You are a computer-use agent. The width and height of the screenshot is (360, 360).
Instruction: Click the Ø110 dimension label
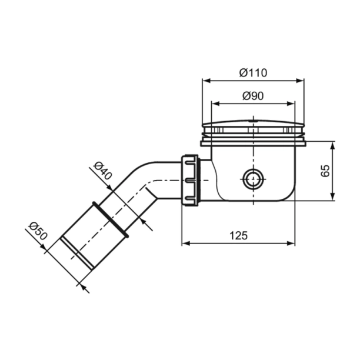[x=254, y=73]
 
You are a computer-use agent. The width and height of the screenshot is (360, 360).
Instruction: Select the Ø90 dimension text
[x=254, y=96]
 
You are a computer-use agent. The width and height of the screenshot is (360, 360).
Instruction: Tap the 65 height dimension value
[x=325, y=171]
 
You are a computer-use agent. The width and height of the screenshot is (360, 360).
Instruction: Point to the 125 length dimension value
[x=238, y=235]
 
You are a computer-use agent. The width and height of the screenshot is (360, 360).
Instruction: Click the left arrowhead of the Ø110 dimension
[x=205, y=81]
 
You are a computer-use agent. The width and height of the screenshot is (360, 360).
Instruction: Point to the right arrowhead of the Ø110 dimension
[x=303, y=81]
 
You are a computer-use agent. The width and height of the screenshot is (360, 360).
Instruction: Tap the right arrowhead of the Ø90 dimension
[x=293, y=104]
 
